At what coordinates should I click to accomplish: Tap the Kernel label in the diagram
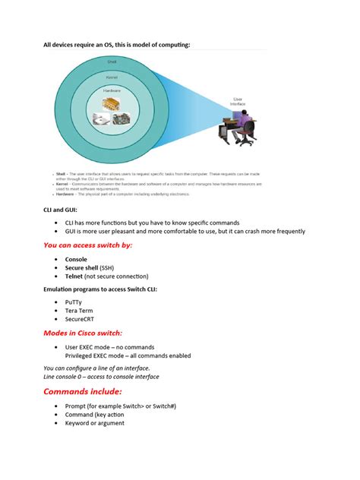tap(112, 77)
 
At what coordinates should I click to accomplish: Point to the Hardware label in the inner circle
tap(112, 92)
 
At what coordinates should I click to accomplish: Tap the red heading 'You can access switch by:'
tap(87, 245)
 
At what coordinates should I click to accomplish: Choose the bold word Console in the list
tap(76, 259)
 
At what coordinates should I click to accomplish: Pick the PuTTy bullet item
tap(74, 302)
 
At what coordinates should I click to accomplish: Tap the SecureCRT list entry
tap(82, 320)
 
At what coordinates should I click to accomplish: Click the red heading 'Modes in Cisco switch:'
tap(82, 333)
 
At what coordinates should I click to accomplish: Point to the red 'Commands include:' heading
tap(83, 391)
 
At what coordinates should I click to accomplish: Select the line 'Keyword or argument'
tap(94, 423)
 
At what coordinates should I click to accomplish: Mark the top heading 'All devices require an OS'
tap(115, 45)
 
